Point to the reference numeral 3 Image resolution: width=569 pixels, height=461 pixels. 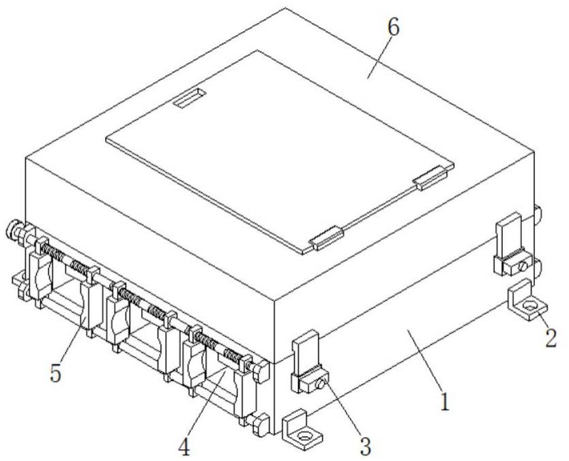click(365, 447)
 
